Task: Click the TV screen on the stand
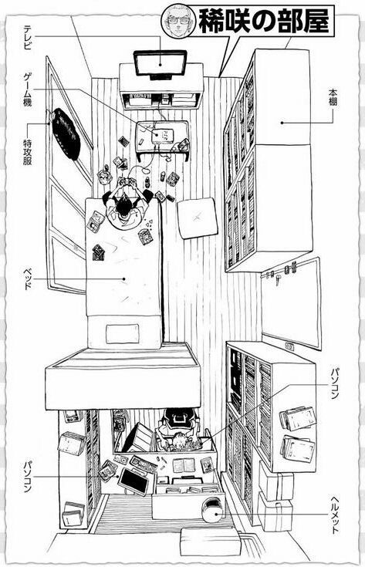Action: pyautogui.click(x=161, y=64)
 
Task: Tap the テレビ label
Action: pyautogui.click(x=28, y=36)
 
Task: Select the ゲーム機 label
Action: pyautogui.click(x=28, y=89)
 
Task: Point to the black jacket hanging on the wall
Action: pyautogui.click(x=66, y=133)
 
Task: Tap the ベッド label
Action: pyautogui.click(x=28, y=279)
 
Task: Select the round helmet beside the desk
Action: pyautogui.click(x=214, y=509)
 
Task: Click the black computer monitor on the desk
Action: pyautogui.click(x=133, y=480)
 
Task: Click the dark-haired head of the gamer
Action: pyautogui.click(x=124, y=204)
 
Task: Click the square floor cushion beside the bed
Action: pyautogui.click(x=198, y=218)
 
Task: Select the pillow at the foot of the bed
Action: pyautogui.click(x=122, y=333)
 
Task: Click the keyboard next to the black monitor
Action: pyautogui.click(x=144, y=464)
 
